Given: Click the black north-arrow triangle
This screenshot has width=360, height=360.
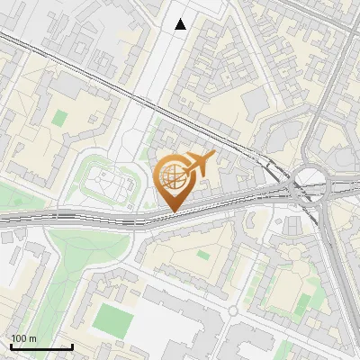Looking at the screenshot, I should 181,24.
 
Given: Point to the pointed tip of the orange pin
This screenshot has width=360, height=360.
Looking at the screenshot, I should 172,211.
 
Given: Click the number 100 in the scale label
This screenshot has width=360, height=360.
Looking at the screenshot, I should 19,338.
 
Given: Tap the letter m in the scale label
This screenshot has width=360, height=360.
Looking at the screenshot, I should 32,338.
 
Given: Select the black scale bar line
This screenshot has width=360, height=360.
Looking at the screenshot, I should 40,346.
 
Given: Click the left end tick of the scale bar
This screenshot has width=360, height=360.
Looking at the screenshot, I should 10,346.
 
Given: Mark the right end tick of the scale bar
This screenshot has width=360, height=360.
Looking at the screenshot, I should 72,346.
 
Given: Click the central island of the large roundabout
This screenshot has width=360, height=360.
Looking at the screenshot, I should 309,183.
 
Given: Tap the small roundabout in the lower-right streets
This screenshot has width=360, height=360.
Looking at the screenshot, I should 232,310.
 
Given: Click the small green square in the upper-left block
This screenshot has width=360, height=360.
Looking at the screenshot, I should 59,118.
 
